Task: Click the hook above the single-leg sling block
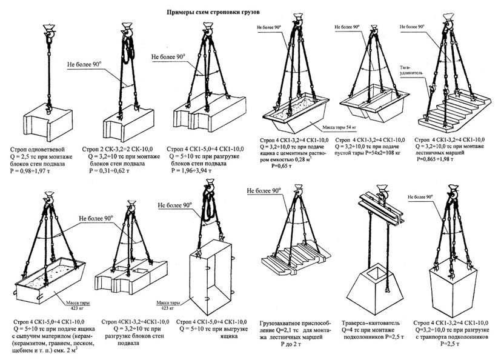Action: (x=46, y=30)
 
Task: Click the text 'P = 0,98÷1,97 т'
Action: (x=37, y=172)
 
